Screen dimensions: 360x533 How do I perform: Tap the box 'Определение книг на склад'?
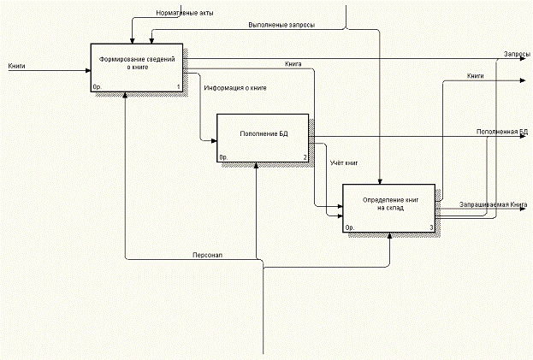[x=389, y=208]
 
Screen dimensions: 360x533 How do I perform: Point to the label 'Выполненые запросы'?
[x=281, y=26]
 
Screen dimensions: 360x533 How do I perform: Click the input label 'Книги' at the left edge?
[x=15, y=65]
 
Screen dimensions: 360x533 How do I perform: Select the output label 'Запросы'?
[x=516, y=54]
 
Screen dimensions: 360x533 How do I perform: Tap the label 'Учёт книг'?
[x=344, y=161]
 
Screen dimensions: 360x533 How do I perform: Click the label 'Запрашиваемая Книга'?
[x=493, y=204]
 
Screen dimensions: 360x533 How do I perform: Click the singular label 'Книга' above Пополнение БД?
[x=293, y=64]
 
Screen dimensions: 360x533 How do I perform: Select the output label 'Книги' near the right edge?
[x=476, y=76]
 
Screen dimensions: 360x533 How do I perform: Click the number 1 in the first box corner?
[x=178, y=87]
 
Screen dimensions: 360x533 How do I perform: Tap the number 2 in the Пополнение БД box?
[x=305, y=157]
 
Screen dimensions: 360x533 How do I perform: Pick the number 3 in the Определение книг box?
[x=431, y=227]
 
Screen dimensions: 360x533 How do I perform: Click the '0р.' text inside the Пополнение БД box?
[x=223, y=157]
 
